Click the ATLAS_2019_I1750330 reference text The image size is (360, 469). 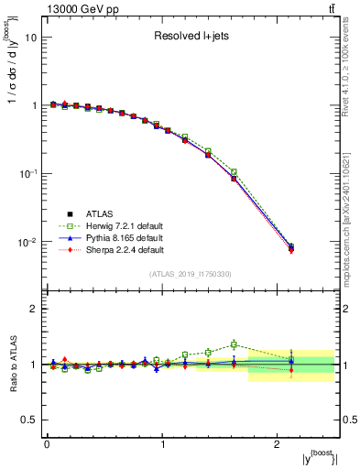[190, 274]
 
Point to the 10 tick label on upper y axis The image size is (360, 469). [30, 38]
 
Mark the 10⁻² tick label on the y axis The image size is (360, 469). [28, 242]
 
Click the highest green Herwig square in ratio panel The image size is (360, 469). [234, 344]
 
